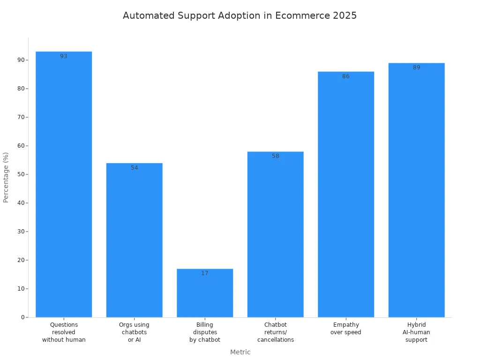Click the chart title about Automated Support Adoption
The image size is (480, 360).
tap(240, 15)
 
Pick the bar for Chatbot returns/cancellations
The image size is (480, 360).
tap(275, 234)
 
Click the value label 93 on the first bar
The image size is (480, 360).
tap(64, 56)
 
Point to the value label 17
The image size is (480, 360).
tap(205, 273)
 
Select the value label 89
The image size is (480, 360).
tap(416, 67)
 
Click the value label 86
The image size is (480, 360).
tap(346, 76)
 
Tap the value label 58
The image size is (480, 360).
tap(275, 156)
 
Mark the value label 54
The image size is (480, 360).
tap(135, 168)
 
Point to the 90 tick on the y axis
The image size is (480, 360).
tap(21, 60)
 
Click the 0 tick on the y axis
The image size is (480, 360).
tap(22, 317)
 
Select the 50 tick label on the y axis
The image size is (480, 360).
tap(21, 174)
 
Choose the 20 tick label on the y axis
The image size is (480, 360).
tap(21, 260)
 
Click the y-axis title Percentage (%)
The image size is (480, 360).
tap(6, 177)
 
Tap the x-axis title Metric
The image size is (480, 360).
tap(240, 352)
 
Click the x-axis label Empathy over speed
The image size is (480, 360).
tap(346, 329)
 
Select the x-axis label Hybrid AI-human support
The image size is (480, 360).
tap(416, 332)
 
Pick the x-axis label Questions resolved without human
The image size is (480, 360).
tap(64, 332)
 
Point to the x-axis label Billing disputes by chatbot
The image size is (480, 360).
tap(205, 332)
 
